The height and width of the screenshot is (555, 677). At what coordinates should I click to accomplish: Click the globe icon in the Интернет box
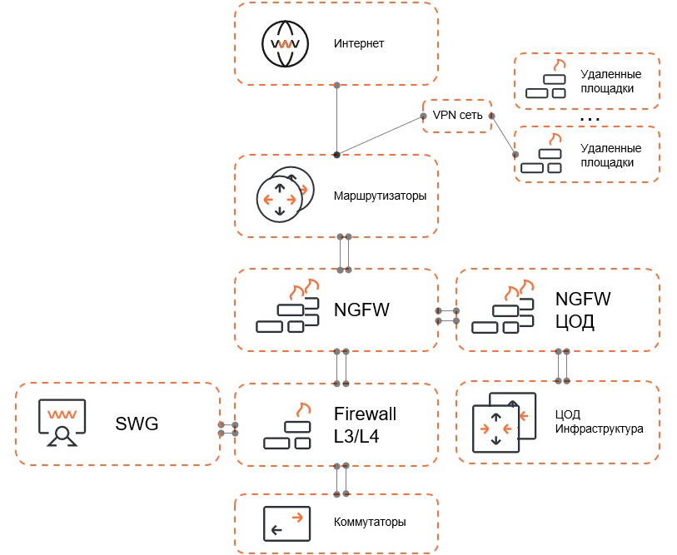pyautogui.click(x=286, y=43)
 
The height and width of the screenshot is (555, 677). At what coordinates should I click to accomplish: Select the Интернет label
pyautogui.click(x=359, y=43)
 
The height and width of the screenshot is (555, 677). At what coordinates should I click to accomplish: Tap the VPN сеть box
pyautogui.click(x=458, y=116)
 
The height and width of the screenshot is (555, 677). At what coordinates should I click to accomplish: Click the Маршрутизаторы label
pyautogui.click(x=380, y=196)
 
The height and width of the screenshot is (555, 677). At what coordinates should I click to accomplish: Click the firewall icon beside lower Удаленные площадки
pyautogui.click(x=541, y=155)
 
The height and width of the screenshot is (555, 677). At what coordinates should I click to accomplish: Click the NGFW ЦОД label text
pyautogui.click(x=575, y=310)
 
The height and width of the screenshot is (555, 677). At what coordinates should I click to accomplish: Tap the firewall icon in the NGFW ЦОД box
pyautogui.click(x=503, y=310)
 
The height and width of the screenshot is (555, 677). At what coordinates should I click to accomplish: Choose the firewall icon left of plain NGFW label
pyautogui.click(x=288, y=310)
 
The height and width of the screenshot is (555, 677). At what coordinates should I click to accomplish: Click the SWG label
pyautogui.click(x=137, y=424)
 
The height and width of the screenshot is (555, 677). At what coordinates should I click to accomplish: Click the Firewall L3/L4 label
pyautogui.click(x=365, y=424)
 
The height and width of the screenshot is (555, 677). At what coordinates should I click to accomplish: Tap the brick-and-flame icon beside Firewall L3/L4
pyautogui.click(x=287, y=426)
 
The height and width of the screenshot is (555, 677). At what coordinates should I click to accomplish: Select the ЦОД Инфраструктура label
pyautogui.click(x=599, y=423)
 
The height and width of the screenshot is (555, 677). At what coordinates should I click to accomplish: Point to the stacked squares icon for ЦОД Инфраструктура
pyautogui.click(x=502, y=424)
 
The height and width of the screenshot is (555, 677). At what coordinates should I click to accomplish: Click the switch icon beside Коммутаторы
pyautogui.click(x=286, y=523)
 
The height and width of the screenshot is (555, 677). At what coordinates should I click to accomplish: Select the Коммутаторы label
pyautogui.click(x=370, y=523)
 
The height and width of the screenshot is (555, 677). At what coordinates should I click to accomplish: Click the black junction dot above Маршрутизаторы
pyautogui.click(x=336, y=155)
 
